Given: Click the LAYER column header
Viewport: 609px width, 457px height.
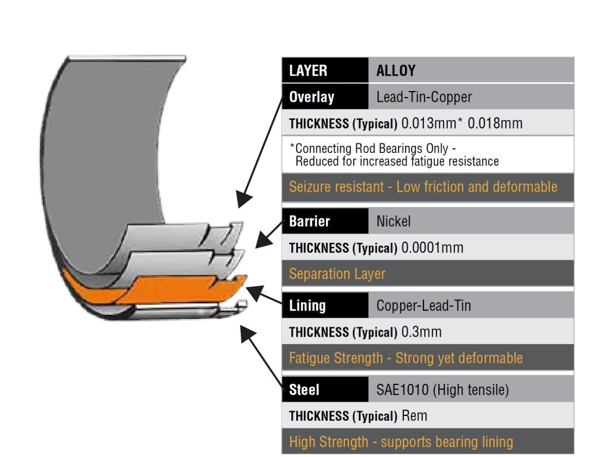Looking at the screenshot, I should tap(308, 71).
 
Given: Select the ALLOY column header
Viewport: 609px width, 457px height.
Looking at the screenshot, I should tap(395, 71).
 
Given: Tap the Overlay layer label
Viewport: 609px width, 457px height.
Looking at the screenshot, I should tap(311, 97).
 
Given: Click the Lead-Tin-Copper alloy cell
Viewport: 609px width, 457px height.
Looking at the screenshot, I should tap(424, 97).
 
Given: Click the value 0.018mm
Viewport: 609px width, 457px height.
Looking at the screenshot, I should tap(495, 124).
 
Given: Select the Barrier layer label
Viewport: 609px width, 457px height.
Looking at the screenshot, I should tap(309, 221).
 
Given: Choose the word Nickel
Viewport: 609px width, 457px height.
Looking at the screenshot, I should tap(393, 221).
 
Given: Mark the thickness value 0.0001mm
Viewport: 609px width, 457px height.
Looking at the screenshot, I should tap(432, 248).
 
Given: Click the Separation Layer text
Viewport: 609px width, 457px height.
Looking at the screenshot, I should tap(337, 274).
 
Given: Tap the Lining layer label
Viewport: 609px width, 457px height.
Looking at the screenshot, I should tap(307, 306).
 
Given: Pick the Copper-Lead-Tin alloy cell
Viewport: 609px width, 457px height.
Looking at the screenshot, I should tap(423, 306).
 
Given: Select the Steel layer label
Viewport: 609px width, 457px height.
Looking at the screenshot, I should tap(304, 390).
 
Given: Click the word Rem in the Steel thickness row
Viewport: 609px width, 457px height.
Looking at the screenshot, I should tap(415, 416).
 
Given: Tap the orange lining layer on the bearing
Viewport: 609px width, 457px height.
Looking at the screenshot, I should tap(178, 289).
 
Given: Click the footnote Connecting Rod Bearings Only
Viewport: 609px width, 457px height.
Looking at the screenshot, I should tap(376, 148).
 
